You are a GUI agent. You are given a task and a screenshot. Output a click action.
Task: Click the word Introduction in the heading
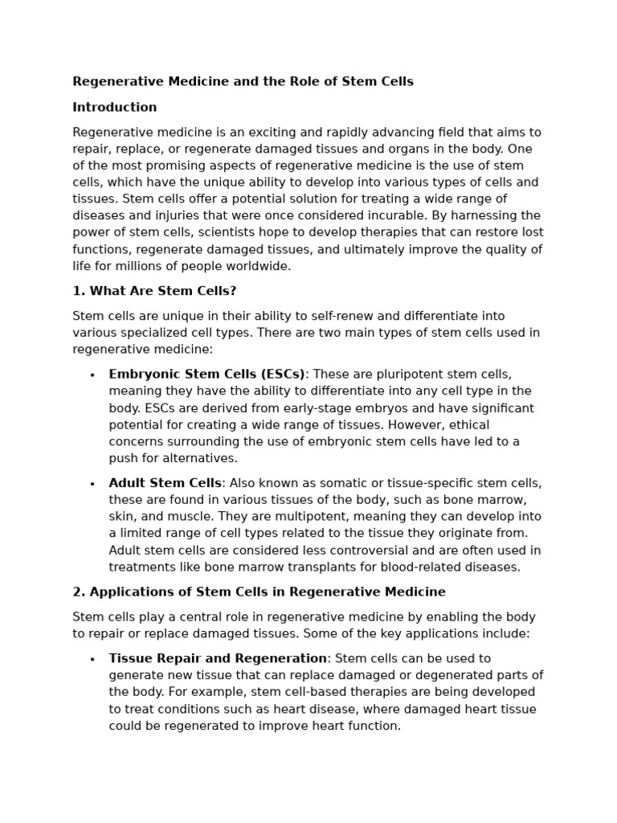click(115, 107)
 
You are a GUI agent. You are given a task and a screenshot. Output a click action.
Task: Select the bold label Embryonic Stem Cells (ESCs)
click(206, 374)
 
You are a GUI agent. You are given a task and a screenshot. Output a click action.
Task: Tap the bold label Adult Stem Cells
click(165, 483)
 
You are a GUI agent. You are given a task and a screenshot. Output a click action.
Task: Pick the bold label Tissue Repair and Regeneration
click(218, 658)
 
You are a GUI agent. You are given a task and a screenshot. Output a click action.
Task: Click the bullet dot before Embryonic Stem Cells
click(92, 375)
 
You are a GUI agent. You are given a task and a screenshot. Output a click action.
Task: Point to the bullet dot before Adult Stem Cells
click(92, 485)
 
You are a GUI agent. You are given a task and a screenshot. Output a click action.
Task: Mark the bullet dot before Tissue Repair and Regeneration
click(92, 660)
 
